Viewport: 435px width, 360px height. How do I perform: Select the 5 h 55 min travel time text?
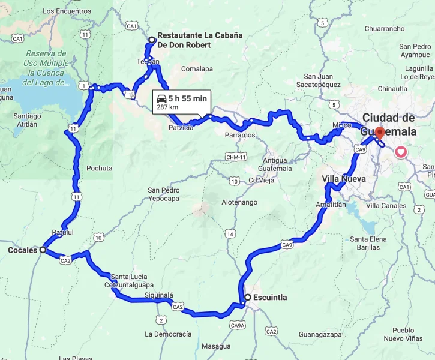point(187,98)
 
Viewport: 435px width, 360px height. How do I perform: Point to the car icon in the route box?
point(161,98)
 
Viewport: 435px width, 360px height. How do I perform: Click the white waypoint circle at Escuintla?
point(247,297)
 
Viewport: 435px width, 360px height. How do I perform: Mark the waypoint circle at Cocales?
point(43,250)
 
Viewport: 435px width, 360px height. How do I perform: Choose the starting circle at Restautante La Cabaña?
point(152,40)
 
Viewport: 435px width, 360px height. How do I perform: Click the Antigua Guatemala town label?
point(275,164)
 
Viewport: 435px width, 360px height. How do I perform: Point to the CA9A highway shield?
point(238,325)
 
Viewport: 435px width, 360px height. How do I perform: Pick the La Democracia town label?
point(168,334)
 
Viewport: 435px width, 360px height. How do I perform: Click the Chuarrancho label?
point(384,28)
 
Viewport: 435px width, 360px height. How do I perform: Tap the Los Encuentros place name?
point(67,11)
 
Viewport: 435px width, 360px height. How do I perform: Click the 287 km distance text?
point(168,107)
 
